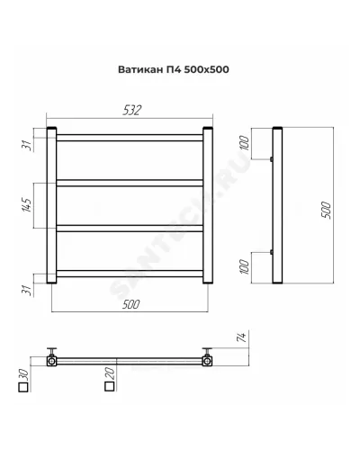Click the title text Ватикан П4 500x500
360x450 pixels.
(x=174, y=69)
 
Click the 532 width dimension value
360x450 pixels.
(x=132, y=111)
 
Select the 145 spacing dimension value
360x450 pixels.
(x=27, y=205)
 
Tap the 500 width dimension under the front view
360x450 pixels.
(x=131, y=304)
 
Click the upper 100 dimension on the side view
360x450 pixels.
(x=245, y=143)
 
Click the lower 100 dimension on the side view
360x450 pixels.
(x=245, y=267)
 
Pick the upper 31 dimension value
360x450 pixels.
(x=28, y=146)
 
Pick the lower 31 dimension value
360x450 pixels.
(x=28, y=291)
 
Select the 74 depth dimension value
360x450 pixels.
(x=242, y=337)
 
